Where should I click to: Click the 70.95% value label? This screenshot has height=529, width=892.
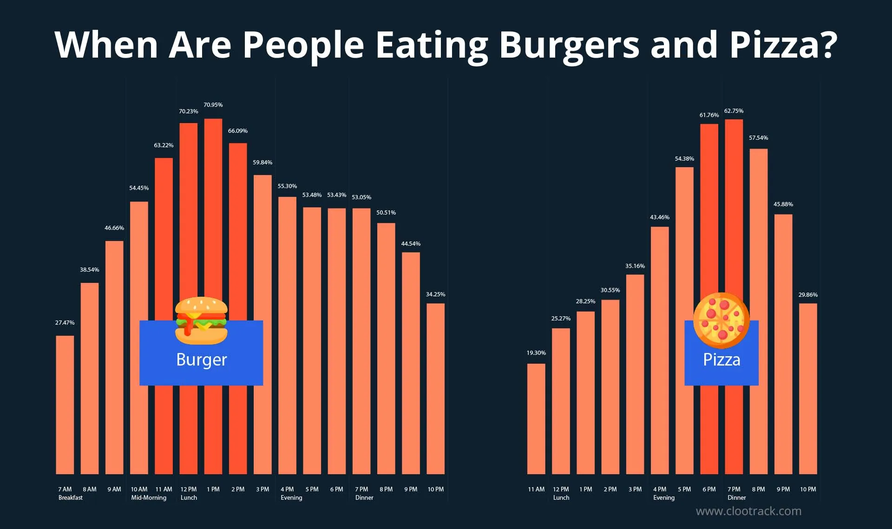(213, 105)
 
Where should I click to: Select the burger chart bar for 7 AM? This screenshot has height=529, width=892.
(65, 404)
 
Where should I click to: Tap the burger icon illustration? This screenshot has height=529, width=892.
(201, 320)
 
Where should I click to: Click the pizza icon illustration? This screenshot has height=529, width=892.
(721, 320)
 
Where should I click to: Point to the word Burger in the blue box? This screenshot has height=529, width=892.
(201, 360)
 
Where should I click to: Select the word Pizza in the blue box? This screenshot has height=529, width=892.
(721, 360)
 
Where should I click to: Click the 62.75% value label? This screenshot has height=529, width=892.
(734, 111)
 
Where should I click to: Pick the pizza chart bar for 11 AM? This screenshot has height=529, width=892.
(536, 418)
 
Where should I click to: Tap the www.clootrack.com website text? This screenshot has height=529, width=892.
(748, 511)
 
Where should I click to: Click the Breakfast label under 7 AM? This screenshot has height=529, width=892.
(71, 498)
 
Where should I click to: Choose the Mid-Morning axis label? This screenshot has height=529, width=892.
(149, 498)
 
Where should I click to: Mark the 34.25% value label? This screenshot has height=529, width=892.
(435, 294)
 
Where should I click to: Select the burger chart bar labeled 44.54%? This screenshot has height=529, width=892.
(411, 362)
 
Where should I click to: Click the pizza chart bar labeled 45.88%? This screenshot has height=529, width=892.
(783, 344)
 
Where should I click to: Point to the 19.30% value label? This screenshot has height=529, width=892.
(536, 353)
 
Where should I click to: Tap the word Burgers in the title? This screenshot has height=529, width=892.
(569, 45)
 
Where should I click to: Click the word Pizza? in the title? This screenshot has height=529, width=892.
(783, 45)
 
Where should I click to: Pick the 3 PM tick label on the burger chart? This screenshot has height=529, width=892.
(262, 490)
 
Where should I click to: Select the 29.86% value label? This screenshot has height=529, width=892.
(808, 295)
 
